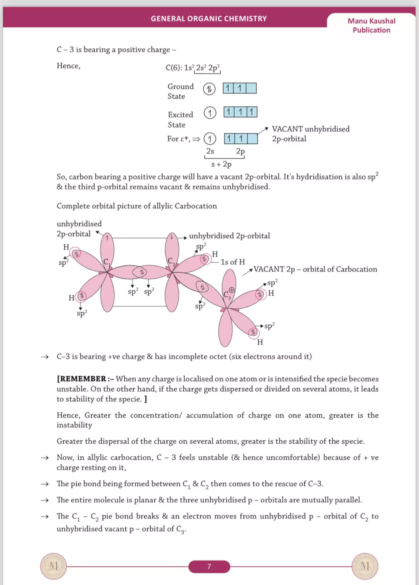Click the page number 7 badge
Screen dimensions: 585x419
tap(209, 566)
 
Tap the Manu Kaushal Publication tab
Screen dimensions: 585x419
tap(371, 26)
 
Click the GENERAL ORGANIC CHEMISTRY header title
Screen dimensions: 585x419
tap(209, 19)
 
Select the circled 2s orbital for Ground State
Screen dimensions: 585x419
tap(209, 89)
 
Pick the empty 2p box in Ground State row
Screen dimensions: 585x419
tap(251, 88)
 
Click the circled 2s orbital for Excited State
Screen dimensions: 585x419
tap(210, 113)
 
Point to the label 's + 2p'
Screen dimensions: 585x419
tap(222, 164)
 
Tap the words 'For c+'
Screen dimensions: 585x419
tap(178, 139)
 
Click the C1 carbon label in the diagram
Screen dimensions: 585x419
tap(106, 262)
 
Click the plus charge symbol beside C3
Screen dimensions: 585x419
tap(231, 290)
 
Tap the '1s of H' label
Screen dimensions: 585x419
tap(233, 262)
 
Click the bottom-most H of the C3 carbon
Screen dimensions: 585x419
tap(260, 342)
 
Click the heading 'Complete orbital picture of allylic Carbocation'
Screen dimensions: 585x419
tap(137, 206)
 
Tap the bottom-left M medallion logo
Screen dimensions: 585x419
tap(53, 566)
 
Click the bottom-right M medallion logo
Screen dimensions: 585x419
tap(365, 566)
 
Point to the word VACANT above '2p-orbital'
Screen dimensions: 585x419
tap(287, 129)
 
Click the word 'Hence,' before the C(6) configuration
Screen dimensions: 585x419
tap(68, 66)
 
